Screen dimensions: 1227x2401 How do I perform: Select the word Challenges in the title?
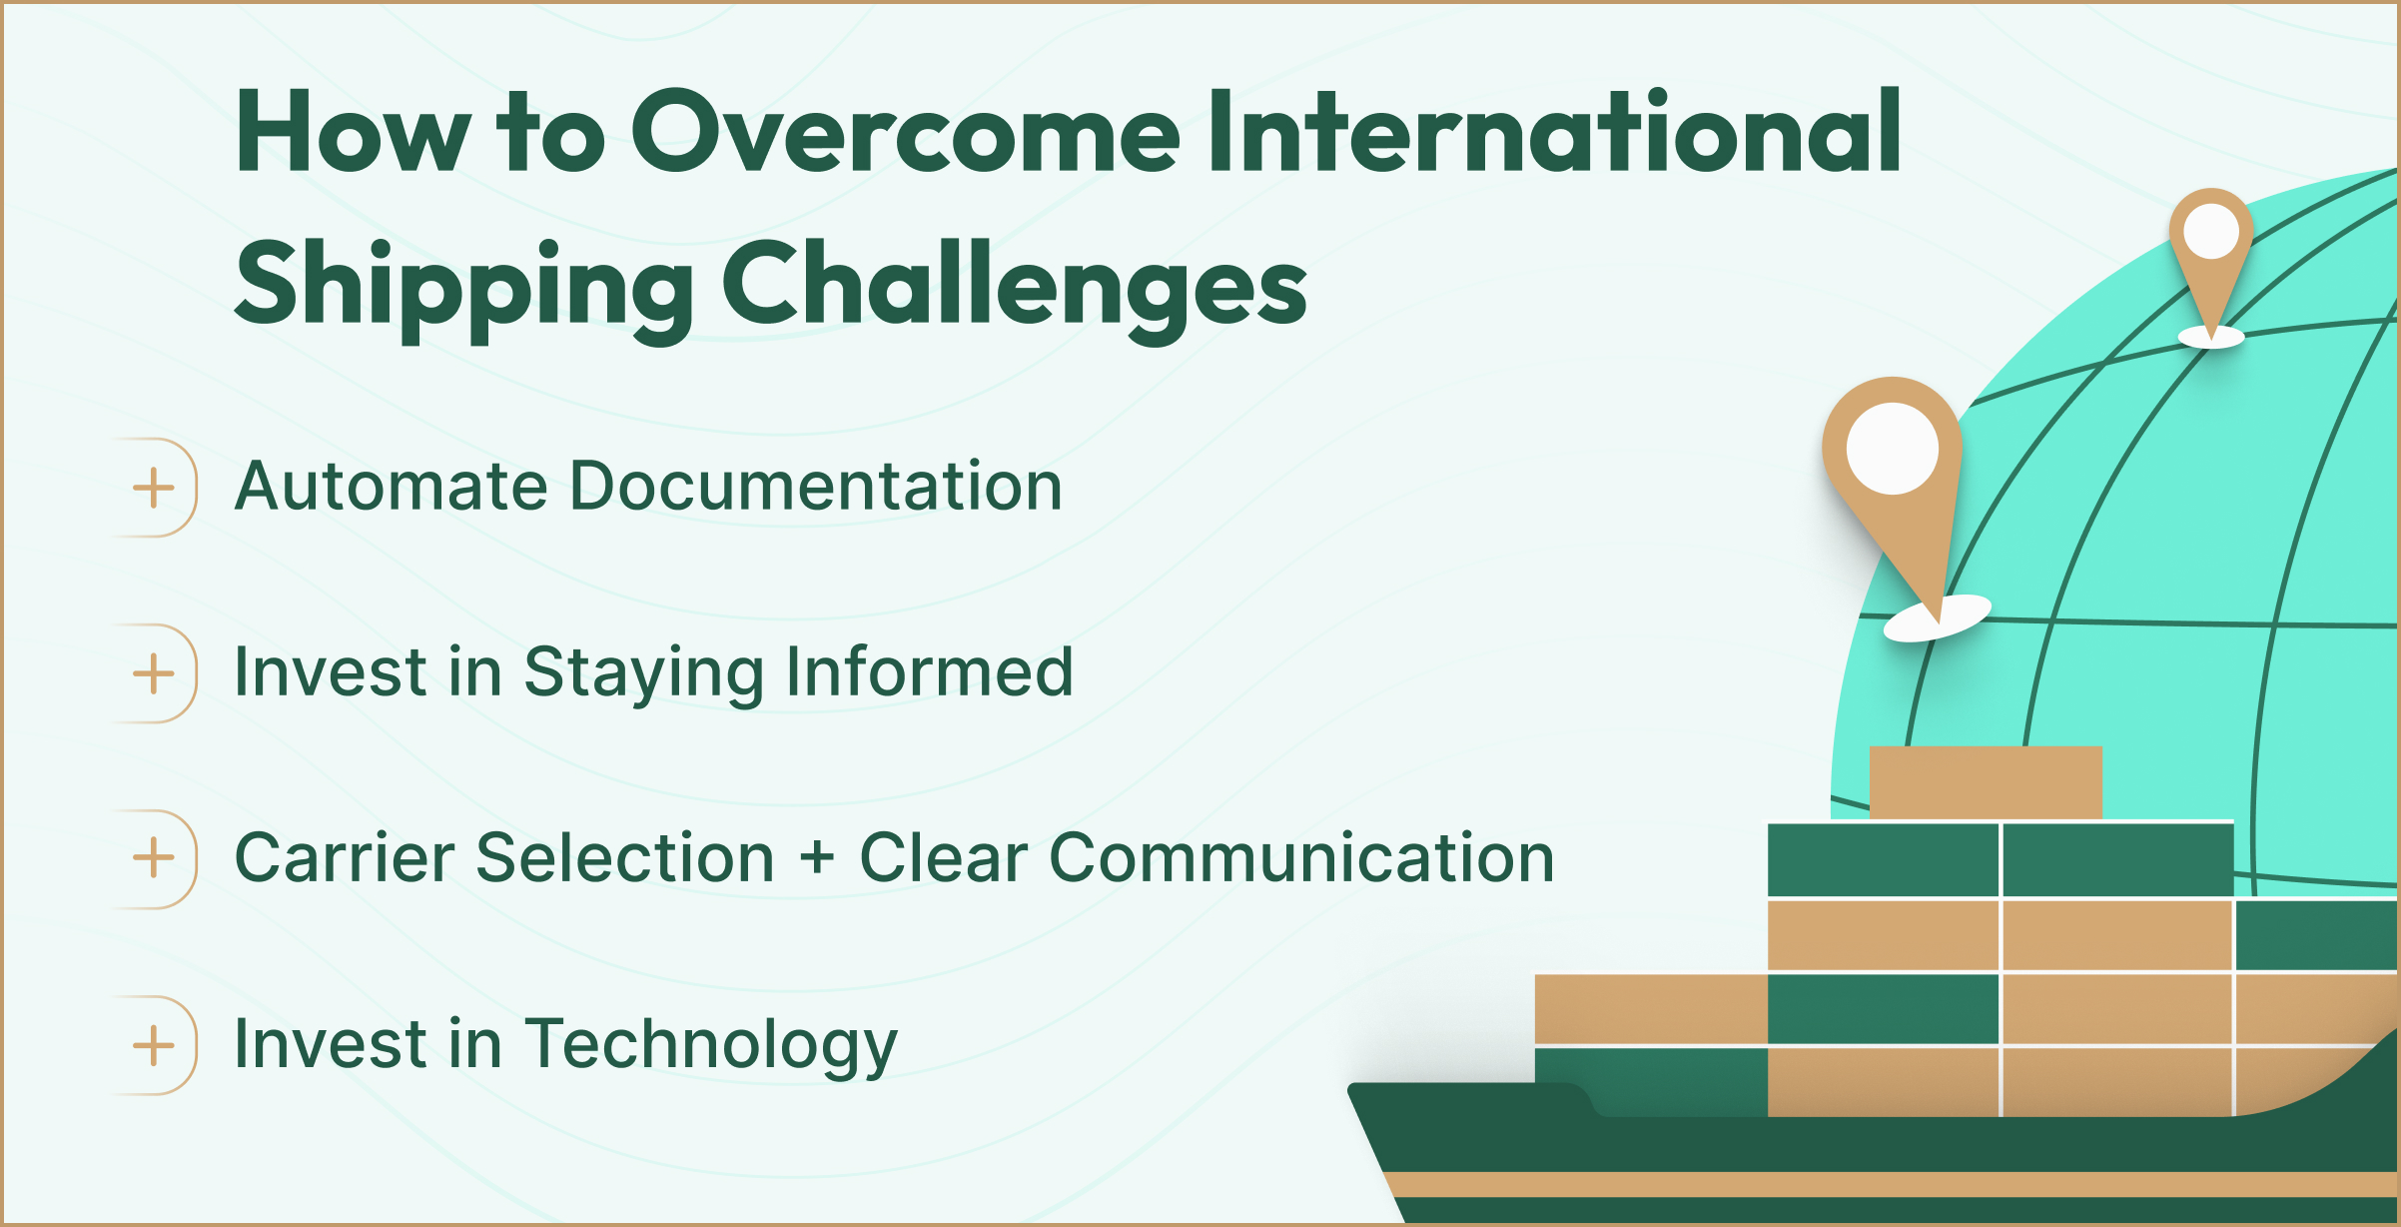coord(1014,287)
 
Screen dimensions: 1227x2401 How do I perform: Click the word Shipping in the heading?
coord(464,287)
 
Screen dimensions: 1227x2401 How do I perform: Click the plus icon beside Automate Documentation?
coord(154,488)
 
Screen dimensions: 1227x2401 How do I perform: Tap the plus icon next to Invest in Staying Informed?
coord(154,673)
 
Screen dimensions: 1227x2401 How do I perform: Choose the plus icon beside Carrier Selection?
coord(154,858)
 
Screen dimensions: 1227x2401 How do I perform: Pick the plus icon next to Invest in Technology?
coord(154,1045)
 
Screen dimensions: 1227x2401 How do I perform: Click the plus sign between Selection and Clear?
coord(817,859)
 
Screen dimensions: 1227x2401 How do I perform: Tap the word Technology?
coord(710,1045)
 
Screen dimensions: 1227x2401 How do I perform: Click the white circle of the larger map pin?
coord(1892,448)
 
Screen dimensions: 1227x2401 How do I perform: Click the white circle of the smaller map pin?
coord(2210,232)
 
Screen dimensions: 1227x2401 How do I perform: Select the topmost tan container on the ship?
coord(1985,782)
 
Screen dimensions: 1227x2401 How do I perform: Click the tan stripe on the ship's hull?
coord(1898,1185)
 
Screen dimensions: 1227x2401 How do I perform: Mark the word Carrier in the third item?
coord(344,857)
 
